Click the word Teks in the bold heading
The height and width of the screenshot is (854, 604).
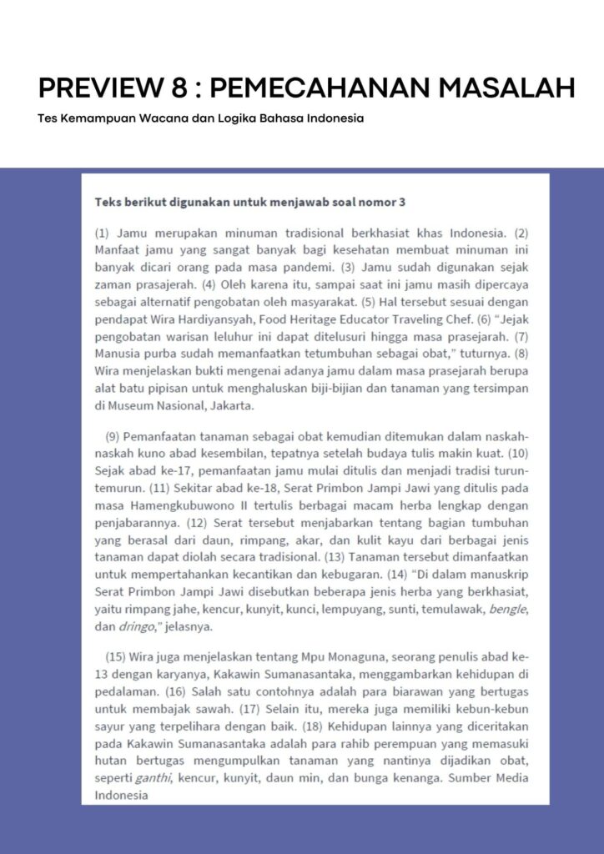pyautogui.click(x=108, y=202)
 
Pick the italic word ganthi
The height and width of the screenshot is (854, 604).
pyautogui.click(x=154, y=779)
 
